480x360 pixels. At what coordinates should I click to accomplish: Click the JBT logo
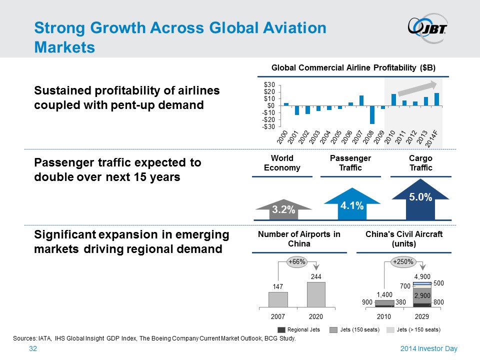pos(427,27)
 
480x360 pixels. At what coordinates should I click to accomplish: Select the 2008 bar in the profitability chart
pos(372,115)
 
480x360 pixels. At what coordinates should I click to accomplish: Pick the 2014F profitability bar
pos(436,99)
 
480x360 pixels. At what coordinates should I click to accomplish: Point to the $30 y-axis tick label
pos(269,84)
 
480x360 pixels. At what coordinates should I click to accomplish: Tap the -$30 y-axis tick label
pos(268,126)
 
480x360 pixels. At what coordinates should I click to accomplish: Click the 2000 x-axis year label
pos(282,137)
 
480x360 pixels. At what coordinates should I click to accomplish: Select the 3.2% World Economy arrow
pos(283,209)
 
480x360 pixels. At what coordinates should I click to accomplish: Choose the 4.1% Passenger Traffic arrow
pos(352,203)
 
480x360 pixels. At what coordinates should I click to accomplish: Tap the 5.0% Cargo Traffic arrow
pos(420,199)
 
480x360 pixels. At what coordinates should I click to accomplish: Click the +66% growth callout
pos(297,262)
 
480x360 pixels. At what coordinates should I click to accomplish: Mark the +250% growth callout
pos(403,262)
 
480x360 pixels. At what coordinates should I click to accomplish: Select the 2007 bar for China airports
pos(278,299)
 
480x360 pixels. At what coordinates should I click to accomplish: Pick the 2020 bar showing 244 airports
pos(316,294)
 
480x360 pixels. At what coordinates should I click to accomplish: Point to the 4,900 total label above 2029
pos(422,276)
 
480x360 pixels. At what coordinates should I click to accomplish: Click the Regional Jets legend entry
pos(298,329)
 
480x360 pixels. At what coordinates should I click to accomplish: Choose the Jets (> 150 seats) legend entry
pos(413,329)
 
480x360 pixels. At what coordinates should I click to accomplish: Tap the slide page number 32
pos(33,348)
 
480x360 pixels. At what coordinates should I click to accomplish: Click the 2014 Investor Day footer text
pos(429,348)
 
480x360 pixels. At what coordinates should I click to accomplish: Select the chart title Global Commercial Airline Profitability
pos(353,67)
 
